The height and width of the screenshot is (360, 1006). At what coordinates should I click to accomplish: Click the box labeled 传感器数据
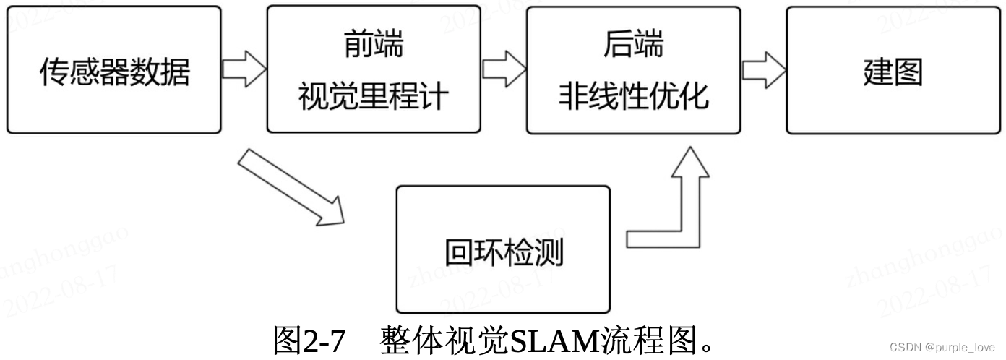(x=113, y=70)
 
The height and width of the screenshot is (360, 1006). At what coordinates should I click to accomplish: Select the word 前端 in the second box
(x=373, y=45)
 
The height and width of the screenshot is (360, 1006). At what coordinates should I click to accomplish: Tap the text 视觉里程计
(x=373, y=96)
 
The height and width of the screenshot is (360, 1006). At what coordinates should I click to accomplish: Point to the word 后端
(x=633, y=45)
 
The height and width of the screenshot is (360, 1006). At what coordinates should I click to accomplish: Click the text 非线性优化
(x=633, y=96)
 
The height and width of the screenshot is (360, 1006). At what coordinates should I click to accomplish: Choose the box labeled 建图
(x=893, y=70)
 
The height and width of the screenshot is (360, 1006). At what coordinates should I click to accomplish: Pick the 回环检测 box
(x=503, y=249)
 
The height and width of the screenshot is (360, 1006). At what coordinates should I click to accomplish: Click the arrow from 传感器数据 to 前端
(x=244, y=69)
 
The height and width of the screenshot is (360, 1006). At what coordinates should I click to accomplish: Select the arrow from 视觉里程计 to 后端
(x=504, y=69)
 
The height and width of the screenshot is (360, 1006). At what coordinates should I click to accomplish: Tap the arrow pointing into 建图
(x=764, y=69)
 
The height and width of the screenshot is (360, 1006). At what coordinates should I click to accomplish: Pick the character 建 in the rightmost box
(x=877, y=71)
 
